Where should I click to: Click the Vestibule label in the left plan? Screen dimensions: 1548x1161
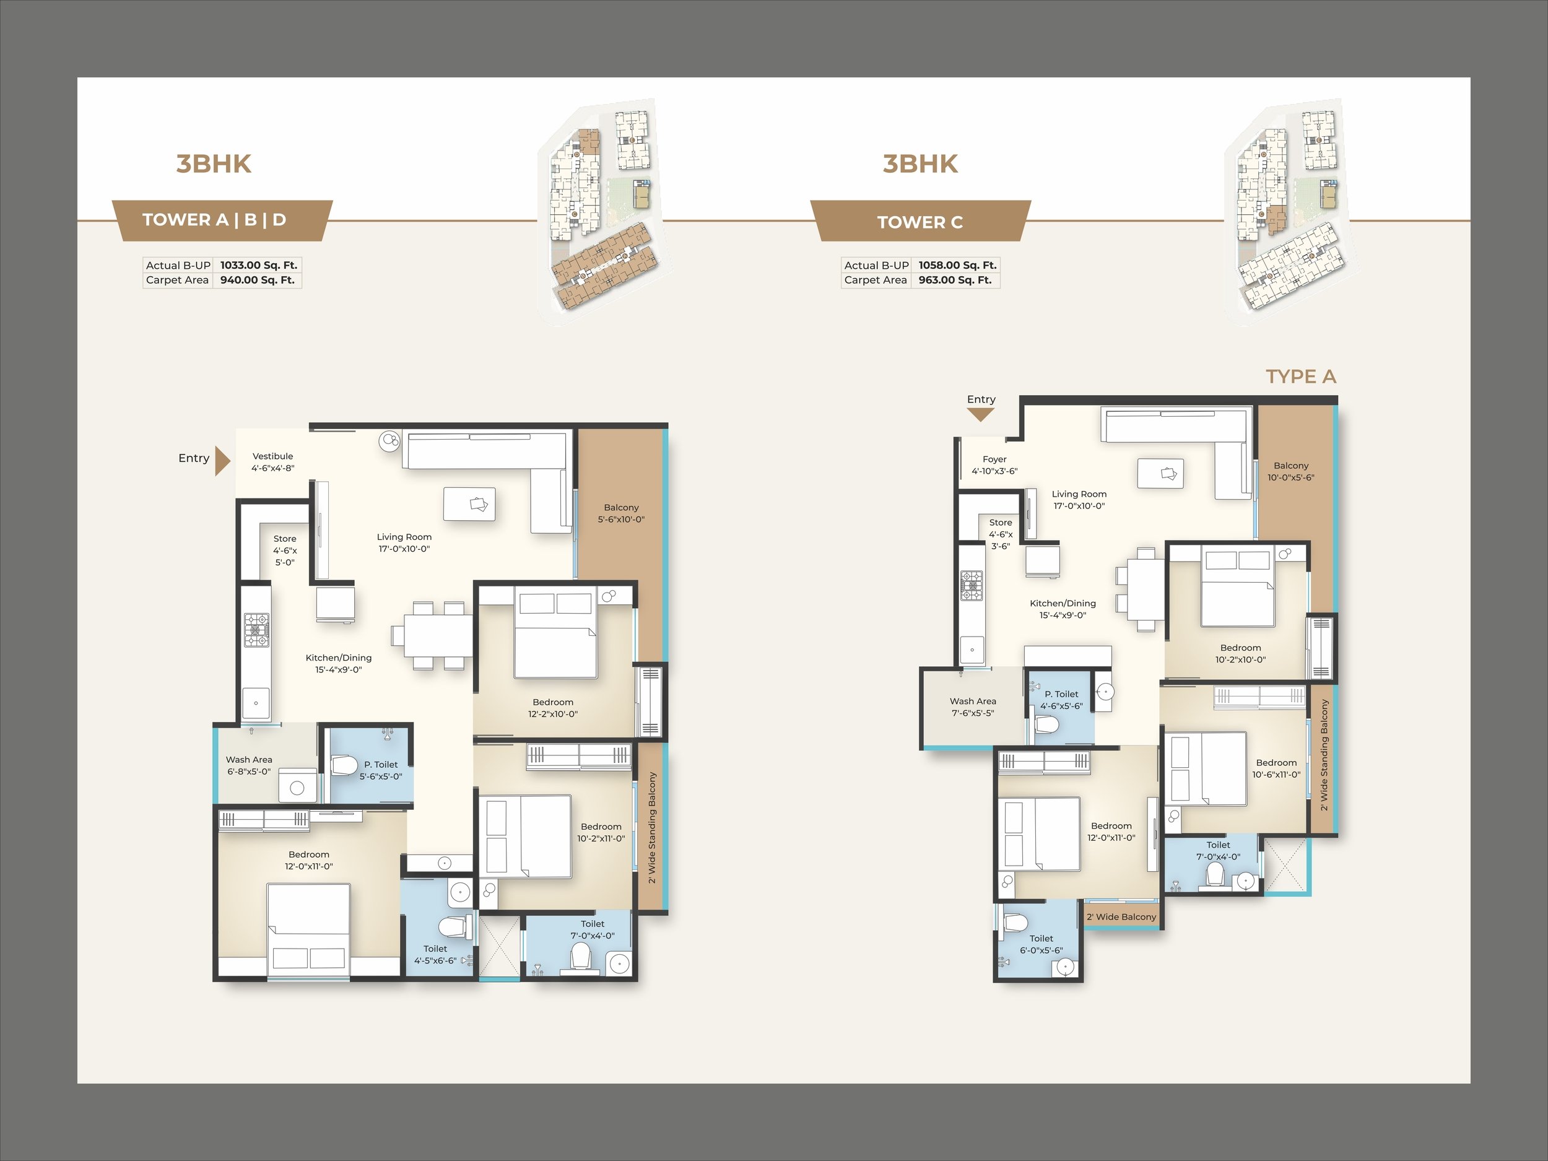[273, 462]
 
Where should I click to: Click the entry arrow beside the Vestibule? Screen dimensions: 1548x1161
[222, 461]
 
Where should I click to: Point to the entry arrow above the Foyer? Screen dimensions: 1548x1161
[980, 415]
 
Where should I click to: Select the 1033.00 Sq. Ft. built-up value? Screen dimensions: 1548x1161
[259, 265]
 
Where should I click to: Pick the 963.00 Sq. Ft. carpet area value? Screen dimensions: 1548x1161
[955, 280]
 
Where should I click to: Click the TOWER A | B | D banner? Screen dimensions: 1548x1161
[214, 220]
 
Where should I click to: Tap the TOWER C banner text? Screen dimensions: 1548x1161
[920, 222]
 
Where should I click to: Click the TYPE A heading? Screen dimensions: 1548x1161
[1301, 376]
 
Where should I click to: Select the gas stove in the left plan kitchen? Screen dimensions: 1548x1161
[256, 630]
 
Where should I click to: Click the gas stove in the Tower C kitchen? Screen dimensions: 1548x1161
[972, 586]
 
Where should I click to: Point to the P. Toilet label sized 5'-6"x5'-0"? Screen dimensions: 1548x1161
[381, 770]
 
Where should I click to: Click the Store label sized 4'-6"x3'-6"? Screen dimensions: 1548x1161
[1001, 534]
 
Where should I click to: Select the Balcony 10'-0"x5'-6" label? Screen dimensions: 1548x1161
[1291, 472]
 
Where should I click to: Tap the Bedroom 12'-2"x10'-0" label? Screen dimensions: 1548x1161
[553, 708]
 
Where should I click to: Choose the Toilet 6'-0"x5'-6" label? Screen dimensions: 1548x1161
[1041, 945]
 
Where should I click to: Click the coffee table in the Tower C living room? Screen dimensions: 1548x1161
[1160, 473]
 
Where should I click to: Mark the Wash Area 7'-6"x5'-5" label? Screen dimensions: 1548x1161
[973, 707]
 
